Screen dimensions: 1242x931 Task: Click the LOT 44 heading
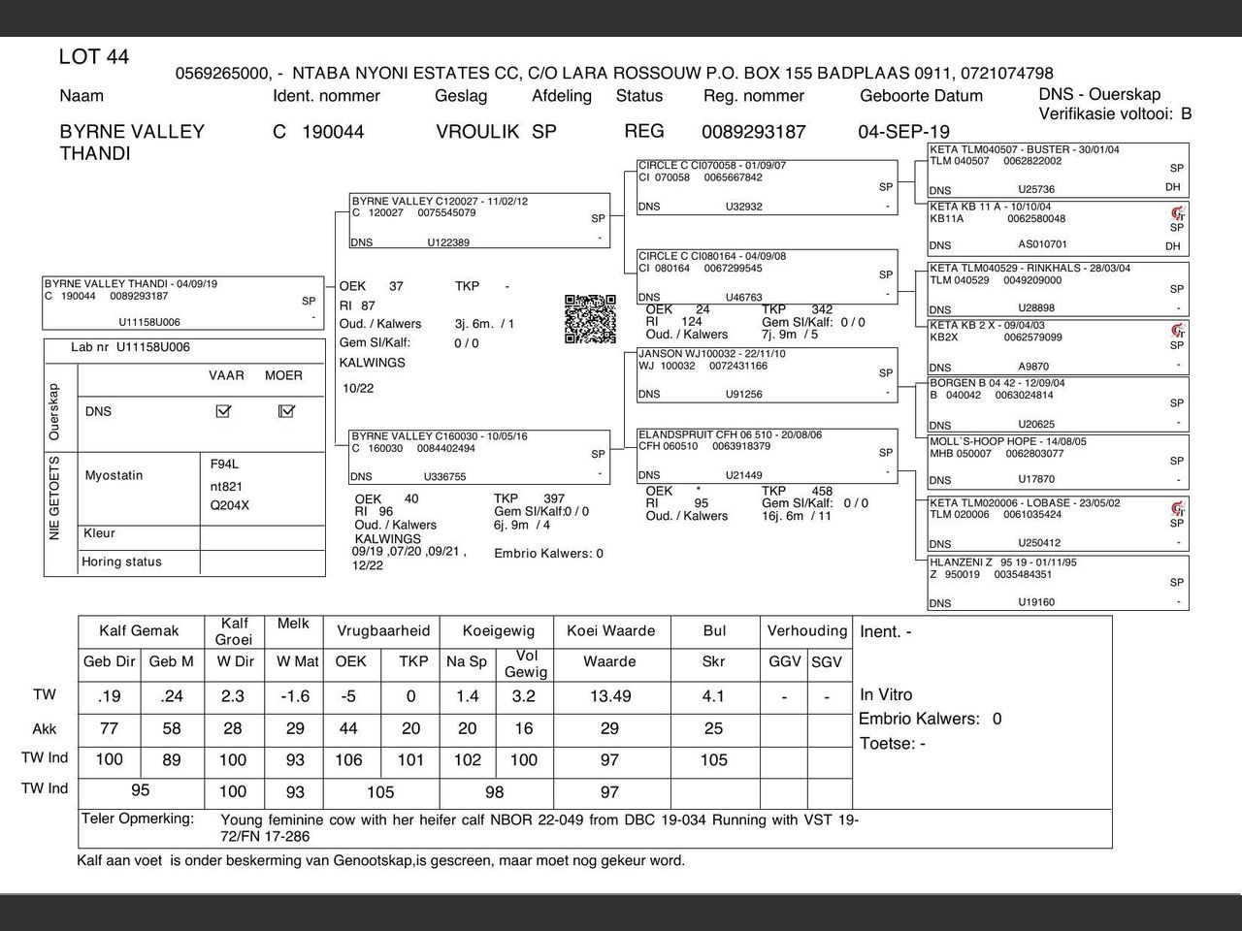pos(93,57)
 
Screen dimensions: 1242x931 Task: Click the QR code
pos(590,319)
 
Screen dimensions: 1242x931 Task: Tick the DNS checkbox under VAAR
pos(223,411)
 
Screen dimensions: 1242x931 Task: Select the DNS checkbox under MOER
pos(286,411)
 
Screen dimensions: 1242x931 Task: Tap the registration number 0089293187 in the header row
pos(753,132)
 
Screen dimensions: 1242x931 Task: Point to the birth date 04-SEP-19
pos(903,132)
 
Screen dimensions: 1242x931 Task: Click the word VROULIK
pos(477,132)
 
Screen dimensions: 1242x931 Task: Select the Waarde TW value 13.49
pos(609,696)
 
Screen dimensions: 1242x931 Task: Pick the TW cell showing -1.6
pos(295,696)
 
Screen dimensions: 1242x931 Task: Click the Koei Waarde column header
pos(610,630)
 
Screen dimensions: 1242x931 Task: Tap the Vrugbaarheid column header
pos(382,630)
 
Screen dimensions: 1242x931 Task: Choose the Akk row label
pos(45,729)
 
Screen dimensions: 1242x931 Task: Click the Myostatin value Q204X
pos(229,505)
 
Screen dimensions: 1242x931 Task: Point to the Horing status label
pos(121,562)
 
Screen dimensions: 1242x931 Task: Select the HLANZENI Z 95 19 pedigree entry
pos(1003,562)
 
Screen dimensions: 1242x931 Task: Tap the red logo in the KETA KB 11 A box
pos(1178,213)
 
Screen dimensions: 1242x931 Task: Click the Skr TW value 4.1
pos(713,696)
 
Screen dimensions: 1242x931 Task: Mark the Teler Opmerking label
pos(138,819)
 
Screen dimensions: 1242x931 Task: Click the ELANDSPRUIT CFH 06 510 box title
pos(730,434)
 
